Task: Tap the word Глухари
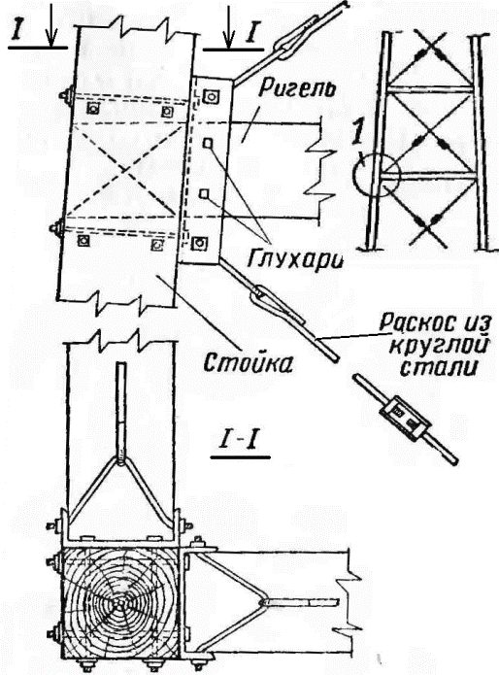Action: (x=296, y=258)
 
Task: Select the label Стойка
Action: (x=249, y=364)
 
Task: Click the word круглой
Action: (x=439, y=347)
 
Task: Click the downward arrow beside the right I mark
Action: (x=229, y=25)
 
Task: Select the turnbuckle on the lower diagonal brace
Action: (x=276, y=303)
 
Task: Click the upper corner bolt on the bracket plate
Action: (x=211, y=96)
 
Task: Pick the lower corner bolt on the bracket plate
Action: (x=199, y=244)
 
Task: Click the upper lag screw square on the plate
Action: (x=208, y=143)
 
